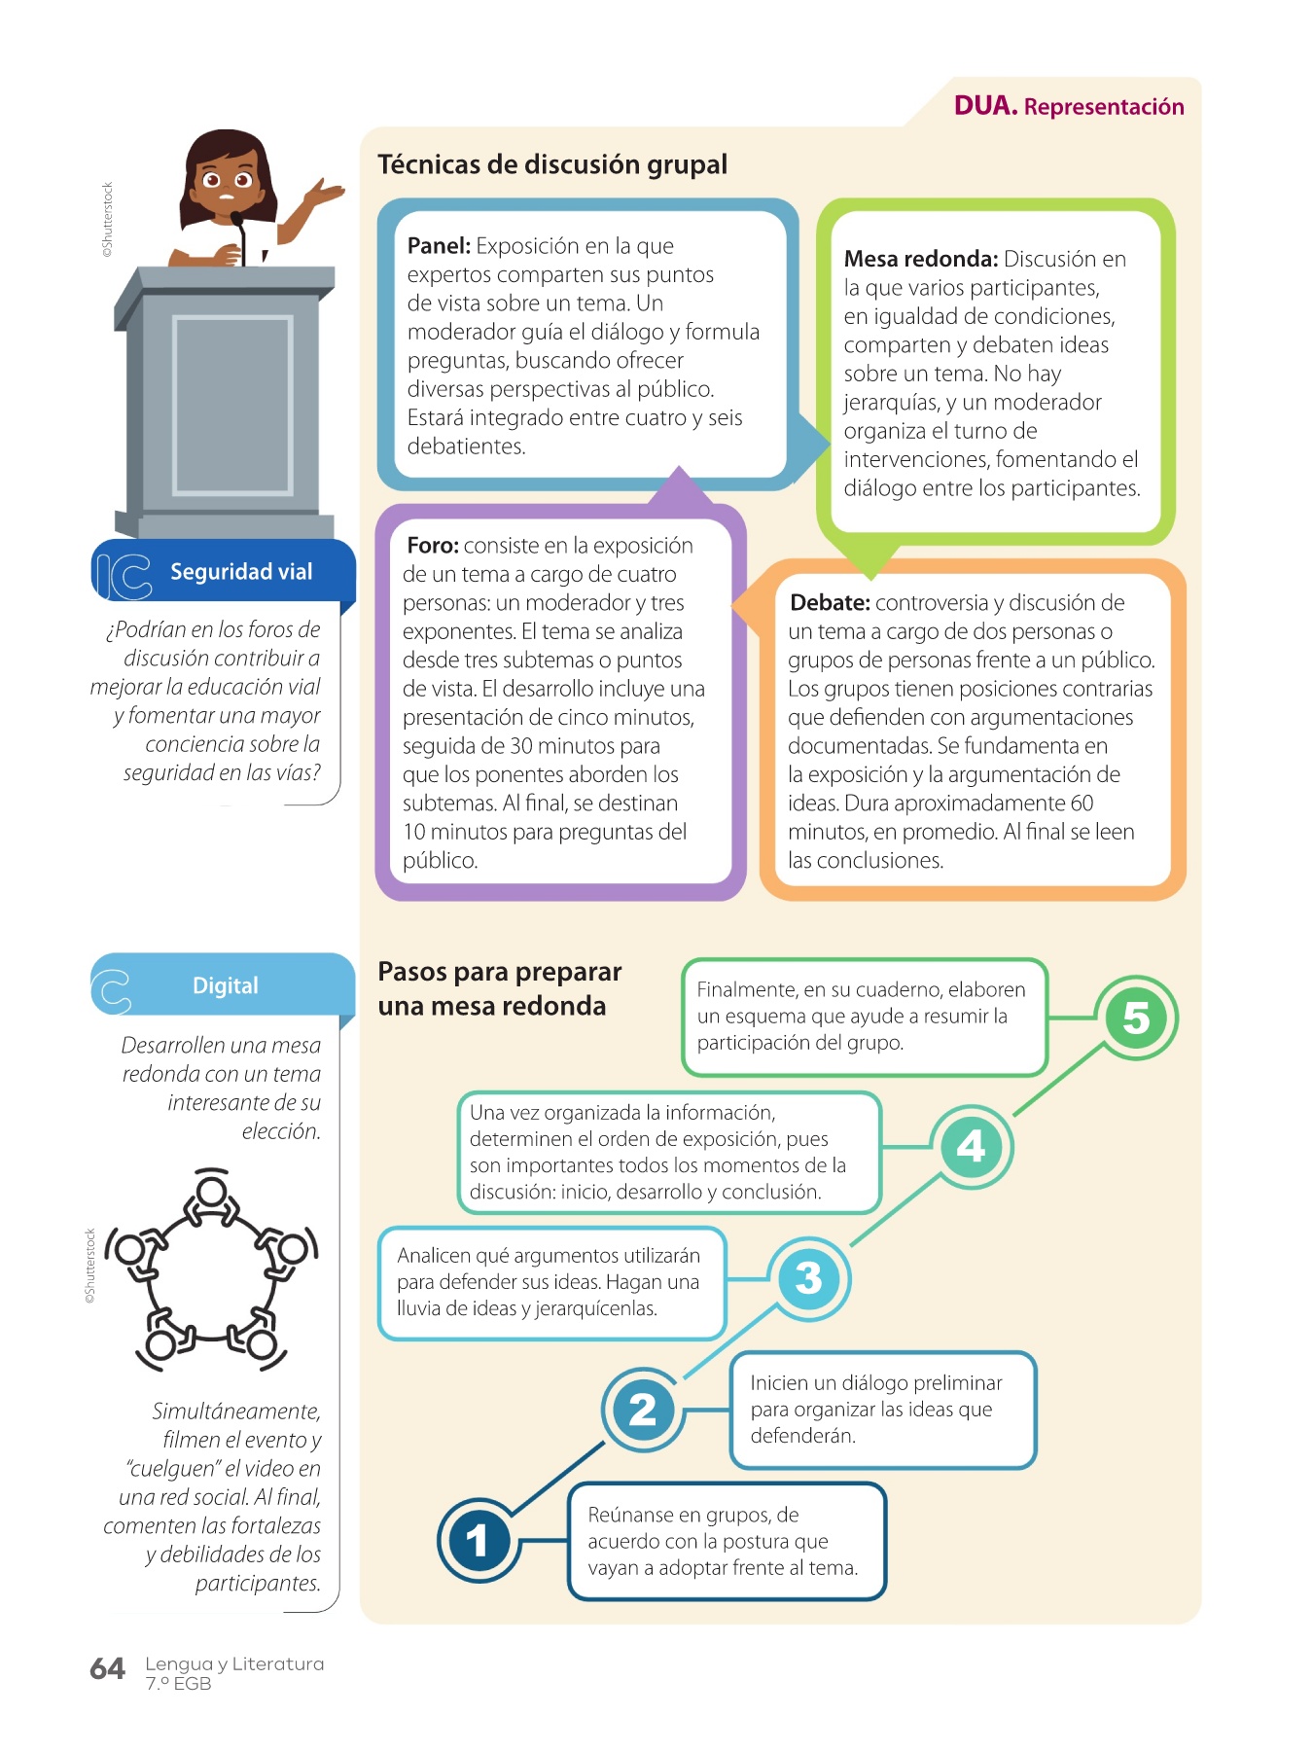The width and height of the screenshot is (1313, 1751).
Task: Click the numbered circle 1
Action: (x=478, y=1541)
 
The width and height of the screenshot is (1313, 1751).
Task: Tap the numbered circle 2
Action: (x=643, y=1410)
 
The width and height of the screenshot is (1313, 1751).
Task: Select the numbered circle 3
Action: (x=808, y=1278)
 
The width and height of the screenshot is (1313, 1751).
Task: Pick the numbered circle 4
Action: (x=971, y=1147)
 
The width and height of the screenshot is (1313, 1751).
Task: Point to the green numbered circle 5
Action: (x=1135, y=1018)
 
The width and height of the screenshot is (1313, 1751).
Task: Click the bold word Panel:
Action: (x=439, y=246)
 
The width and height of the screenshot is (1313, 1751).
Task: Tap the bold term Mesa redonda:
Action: (x=920, y=259)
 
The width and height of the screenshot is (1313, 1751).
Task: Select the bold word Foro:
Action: (x=432, y=546)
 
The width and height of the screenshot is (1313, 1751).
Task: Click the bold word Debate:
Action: (x=830, y=603)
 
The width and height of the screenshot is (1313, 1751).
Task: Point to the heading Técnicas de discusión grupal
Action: (x=551, y=164)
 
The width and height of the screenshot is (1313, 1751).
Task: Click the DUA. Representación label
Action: (x=1068, y=106)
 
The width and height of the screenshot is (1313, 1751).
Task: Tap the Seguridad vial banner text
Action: (x=241, y=572)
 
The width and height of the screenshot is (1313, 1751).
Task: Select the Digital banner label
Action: (x=225, y=985)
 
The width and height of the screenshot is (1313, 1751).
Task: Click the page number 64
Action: (x=107, y=1669)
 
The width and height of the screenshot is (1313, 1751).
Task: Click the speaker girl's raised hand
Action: (x=328, y=193)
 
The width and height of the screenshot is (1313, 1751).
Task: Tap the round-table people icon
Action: (x=212, y=1269)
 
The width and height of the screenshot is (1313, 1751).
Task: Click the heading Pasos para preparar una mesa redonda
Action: (x=499, y=988)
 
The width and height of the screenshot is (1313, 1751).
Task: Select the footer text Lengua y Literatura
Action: (x=234, y=1663)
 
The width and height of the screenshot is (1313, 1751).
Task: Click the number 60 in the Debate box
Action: (x=1082, y=804)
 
